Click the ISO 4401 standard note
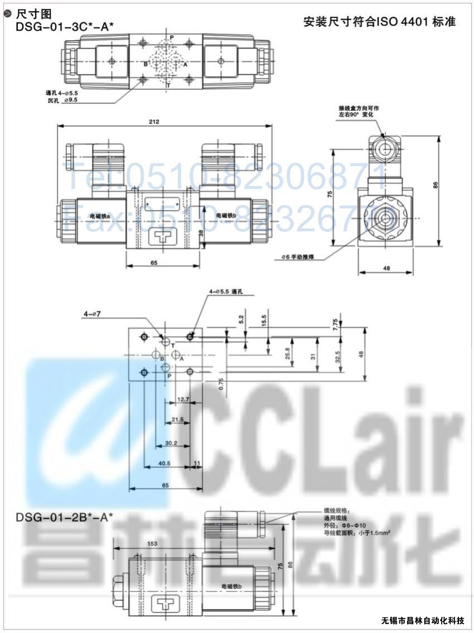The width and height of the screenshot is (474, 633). pyautogui.click(x=379, y=22)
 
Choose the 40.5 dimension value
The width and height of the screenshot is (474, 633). pyautogui.click(x=164, y=463)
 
